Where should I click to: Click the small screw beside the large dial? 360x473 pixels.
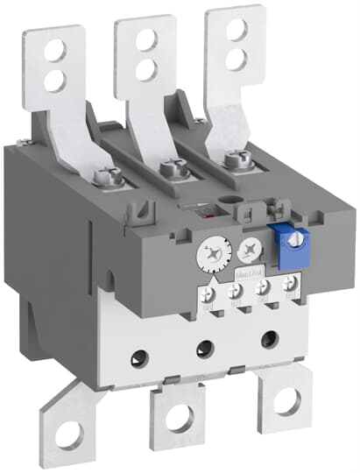248,248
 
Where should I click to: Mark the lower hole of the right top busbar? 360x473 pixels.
235,58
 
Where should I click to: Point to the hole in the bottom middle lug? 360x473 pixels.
179,418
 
